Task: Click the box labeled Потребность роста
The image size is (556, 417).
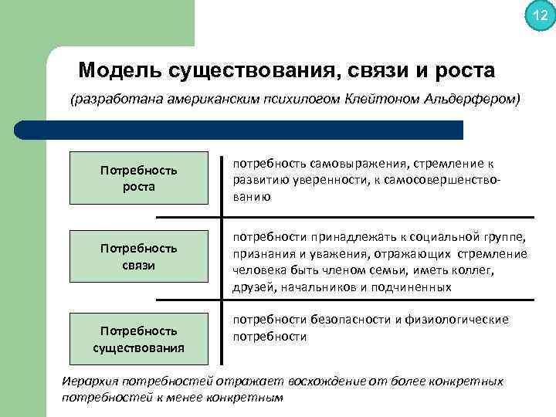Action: click(x=139, y=178)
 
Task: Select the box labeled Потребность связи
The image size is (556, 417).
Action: click(x=139, y=256)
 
